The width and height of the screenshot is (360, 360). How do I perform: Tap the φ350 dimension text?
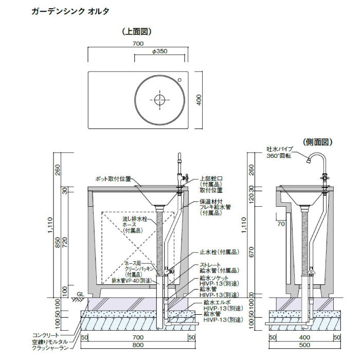pos(160,52)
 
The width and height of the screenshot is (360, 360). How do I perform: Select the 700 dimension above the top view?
pos(137,44)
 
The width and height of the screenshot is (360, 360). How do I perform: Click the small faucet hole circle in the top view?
pos(180,80)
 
